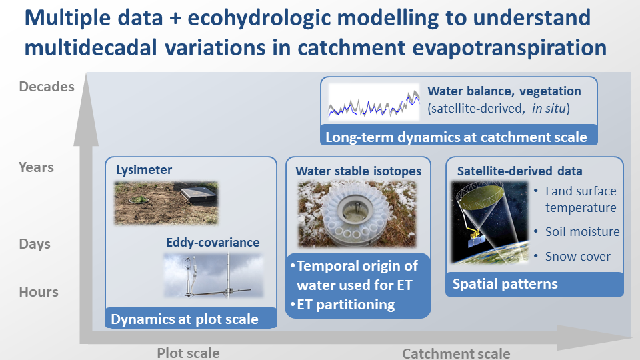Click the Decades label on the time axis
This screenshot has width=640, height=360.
click(47, 87)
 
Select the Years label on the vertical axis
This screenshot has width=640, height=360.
click(36, 167)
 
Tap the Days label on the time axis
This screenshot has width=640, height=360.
click(35, 244)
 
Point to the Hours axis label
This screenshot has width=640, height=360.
click(39, 292)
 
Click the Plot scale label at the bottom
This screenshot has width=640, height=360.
click(188, 353)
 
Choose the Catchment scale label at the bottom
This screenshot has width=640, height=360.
click(456, 353)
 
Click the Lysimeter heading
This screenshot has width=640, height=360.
click(144, 170)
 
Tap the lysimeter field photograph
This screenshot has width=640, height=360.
click(166, 203)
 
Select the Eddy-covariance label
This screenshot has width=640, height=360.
click(213, 243)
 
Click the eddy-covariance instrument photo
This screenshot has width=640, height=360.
click(213, 275)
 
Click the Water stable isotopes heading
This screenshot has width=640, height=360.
click(358, 171)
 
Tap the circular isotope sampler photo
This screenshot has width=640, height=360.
click(357, 214)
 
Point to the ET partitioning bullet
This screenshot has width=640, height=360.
click(343, 305)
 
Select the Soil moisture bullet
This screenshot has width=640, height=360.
click(577, 232)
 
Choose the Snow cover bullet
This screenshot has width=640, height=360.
click(572, 256)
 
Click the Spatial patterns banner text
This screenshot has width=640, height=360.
click(505, 284)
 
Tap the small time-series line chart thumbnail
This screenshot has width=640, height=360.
click(374, 103)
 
